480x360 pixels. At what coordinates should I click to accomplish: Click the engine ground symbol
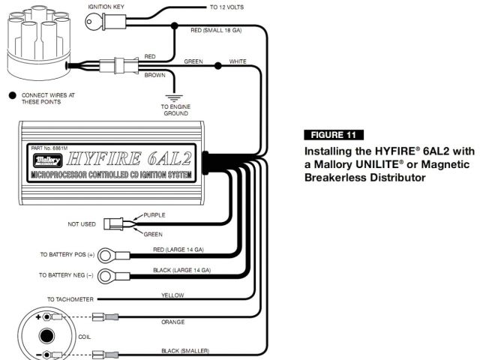tap(175, 97)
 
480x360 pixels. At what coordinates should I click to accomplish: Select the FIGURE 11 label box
tap(334, 135)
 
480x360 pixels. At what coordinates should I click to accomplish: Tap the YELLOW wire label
tap(172, 295)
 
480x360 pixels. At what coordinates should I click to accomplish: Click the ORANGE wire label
tap(172, 322)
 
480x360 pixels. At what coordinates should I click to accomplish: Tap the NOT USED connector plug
tap(114, 223)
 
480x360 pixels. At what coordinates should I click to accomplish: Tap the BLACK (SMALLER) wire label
tap(185, 350)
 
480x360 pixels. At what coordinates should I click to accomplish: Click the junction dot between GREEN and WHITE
tap(217, 66)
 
